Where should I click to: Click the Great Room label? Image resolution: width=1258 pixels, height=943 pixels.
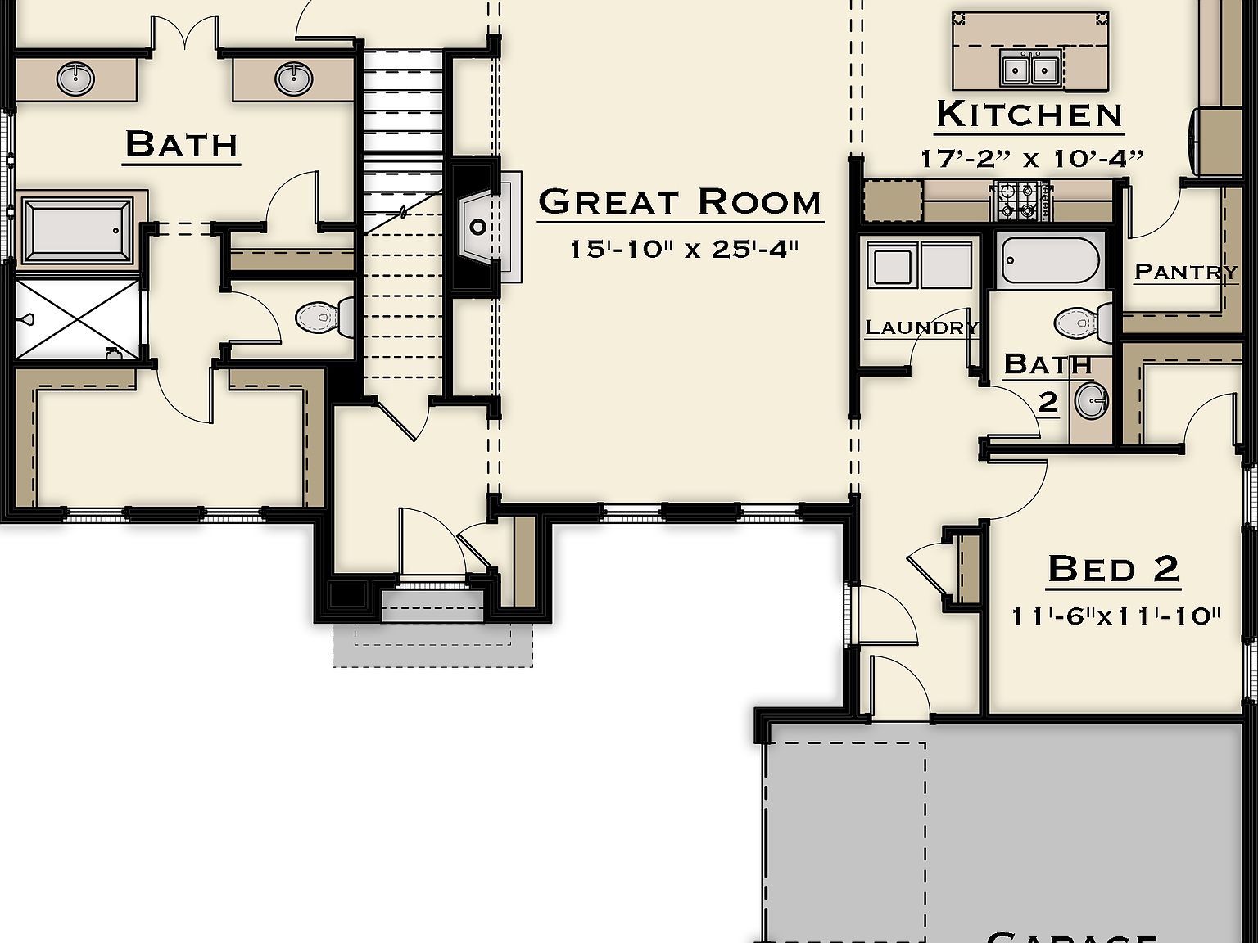(x=680, y=202)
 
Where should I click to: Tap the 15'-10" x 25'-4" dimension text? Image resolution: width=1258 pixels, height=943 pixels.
(x=683, y=249)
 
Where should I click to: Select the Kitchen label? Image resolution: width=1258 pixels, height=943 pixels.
(x=1029, y=115)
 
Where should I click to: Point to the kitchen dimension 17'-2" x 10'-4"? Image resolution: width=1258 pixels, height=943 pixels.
(x=1031, y=158)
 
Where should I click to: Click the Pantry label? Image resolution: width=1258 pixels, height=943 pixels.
(x=1185, y=271)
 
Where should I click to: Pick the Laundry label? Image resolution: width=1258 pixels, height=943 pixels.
(x=921, y=328)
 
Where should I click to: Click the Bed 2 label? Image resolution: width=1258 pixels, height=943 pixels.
(x=1113, y=568)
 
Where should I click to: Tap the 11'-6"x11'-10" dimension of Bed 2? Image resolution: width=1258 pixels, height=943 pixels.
(x=1115, y=616)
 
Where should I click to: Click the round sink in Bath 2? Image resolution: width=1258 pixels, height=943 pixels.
(x=1091, y=401)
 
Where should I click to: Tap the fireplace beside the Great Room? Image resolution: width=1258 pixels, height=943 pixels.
(x=479, y=227)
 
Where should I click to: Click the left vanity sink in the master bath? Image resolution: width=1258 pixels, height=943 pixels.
(x=75, y=79)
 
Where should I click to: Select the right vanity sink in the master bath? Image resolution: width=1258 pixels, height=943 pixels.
(x=293, y=79)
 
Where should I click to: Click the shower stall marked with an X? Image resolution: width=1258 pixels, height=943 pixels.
(x=78, y=318)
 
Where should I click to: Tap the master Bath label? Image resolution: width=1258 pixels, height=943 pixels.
(x=181, y=145)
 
